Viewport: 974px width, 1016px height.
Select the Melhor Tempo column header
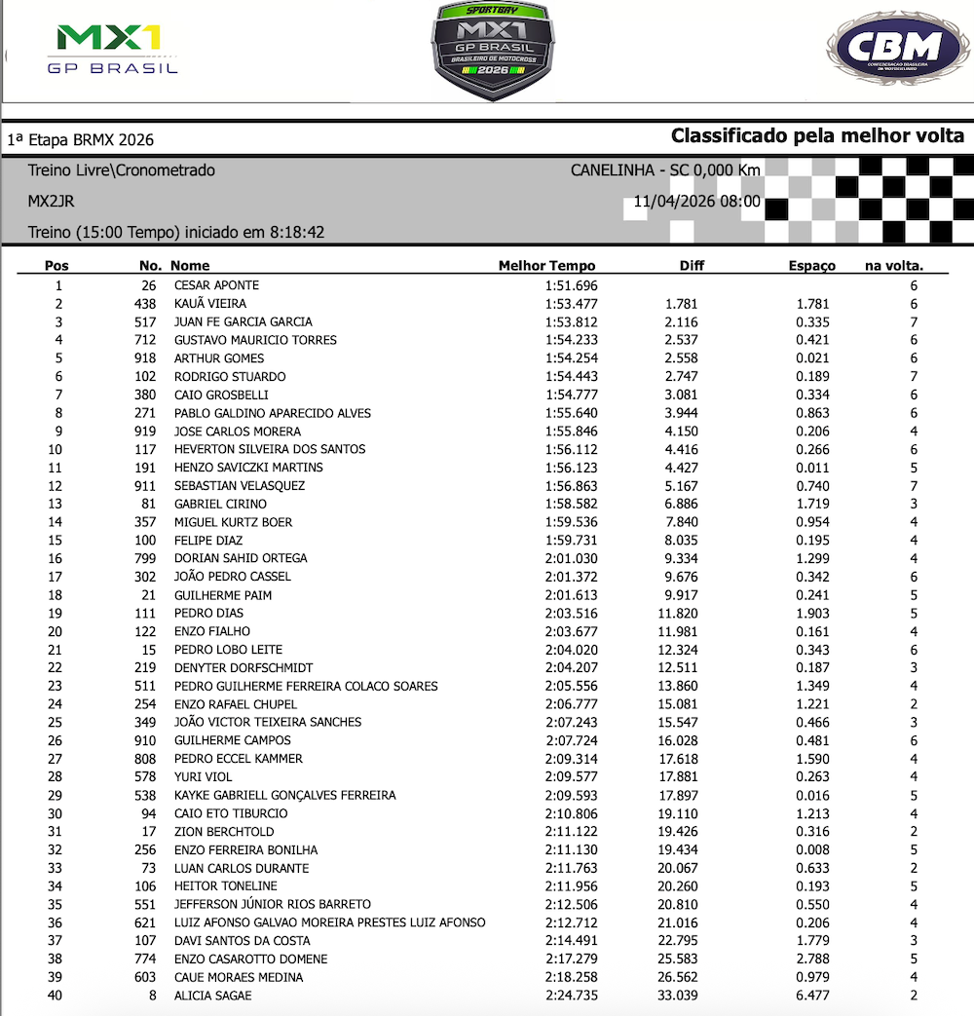pyautogui.click(x=546, y=266)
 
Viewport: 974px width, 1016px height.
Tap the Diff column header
pyautogui.click(x=692, y=266)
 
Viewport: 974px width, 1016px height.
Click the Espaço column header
pyautogui.click(x=811, y=266)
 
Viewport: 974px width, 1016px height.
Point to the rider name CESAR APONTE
pyautogui.click(x=216, y=285)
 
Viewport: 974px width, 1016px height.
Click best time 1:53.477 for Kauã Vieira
pyautogui.click(x=572, y=304)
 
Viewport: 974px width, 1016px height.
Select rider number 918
pyautogui.click(x=145, y=358)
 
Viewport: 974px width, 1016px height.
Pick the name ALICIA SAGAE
pyautogui.click(x=212, y=996)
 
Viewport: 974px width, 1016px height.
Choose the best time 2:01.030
pyautogui.click(x=572, y=559)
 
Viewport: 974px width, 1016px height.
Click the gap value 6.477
pyautogui.click(x=811, y=996)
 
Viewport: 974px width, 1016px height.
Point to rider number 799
pyautogui.click(x=145, y=559)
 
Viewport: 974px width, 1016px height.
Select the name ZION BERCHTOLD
pyautogui.click(x=223, y=832)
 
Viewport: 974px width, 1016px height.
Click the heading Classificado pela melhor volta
pyautogui.click(x=817, y=135)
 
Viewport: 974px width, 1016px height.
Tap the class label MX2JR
pyautogui.click(x=51, y=202)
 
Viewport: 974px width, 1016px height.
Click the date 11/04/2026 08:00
pyautogui.click(x=696, y=202)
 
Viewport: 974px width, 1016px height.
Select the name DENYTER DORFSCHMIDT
pyautogui.click(x=243, y=668)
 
